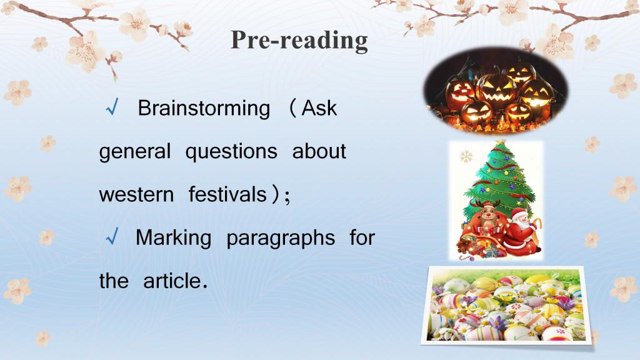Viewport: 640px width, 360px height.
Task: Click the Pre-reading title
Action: (299, 41)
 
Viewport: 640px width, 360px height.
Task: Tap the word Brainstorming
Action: (204, 109)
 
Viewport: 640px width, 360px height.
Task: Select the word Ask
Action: (319, 109)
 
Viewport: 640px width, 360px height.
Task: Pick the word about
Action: (319, 151)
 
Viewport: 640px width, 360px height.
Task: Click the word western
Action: (136, 195)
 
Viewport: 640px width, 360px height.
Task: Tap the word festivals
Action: (227, 194)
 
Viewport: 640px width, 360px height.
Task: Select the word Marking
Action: (174, 238)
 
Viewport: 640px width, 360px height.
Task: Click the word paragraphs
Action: (281, 238)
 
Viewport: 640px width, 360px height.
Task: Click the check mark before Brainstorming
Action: (112, 107)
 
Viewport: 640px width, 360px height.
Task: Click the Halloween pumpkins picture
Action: (496, 91)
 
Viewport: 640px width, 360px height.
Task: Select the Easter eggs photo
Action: (506, 306)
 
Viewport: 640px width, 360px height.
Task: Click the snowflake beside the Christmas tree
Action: (466, 156)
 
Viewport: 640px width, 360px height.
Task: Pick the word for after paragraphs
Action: (362, 237)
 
